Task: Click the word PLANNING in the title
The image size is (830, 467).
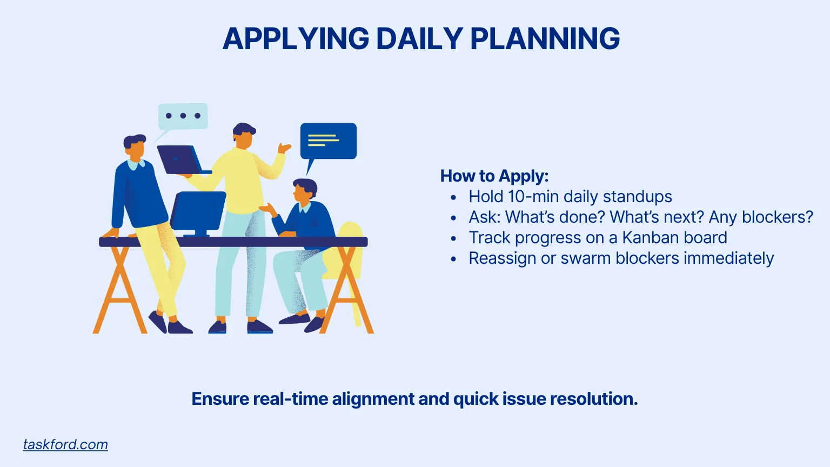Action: point(545,39)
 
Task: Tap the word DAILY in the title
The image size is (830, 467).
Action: point(419,39)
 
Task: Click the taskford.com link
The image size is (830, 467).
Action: point(65,444)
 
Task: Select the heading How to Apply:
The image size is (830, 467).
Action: point(494,176)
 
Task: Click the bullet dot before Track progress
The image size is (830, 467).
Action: point(453,238)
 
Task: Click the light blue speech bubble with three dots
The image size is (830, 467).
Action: point(183,116)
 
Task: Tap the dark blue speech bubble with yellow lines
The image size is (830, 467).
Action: point(328,141)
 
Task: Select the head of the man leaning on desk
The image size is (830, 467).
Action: point(135,146)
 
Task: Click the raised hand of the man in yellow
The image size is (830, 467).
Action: point(284,148)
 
